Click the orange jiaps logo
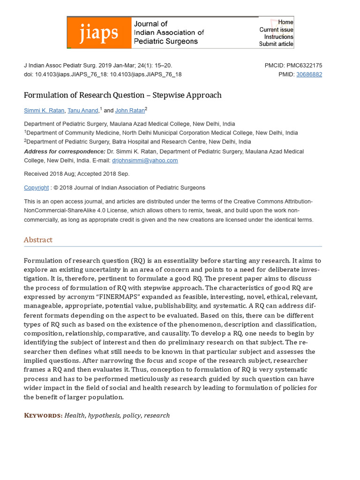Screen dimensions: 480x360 click(x=99, y=33)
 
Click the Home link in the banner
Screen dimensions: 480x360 click(x=285, y=22)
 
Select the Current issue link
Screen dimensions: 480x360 click(x=276, y=30)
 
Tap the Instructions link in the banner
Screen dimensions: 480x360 click(x=278, y=37)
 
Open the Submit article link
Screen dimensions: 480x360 click(x=276, y=44)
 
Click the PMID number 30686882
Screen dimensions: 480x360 click(x=309, y=74)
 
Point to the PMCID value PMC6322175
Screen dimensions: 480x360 click(x=304, y=66)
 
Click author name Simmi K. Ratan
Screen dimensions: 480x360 click(x=44, y=111)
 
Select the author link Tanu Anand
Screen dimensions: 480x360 click(x=82, y=111)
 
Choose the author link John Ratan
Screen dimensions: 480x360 click(x=129, y=111)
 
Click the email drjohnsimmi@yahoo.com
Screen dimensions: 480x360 click(x=144, y=160)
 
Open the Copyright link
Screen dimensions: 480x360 click(x=36, y=187)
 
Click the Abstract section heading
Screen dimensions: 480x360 click(x=38, y=240)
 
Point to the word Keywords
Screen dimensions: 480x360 click(x=43, y=415)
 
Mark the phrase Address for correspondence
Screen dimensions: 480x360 click(x=65, y=151)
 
